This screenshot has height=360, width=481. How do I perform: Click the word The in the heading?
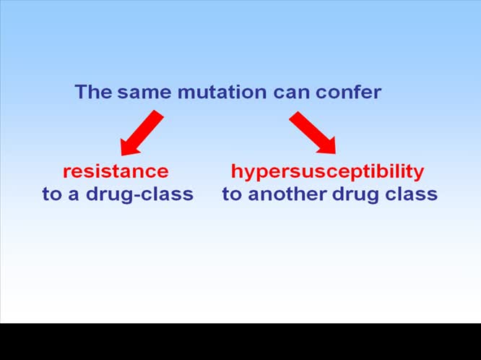(x=94, y=92)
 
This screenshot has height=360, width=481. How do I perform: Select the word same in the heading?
(x=144, y=93)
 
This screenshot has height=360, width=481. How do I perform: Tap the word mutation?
(x=222, y=92)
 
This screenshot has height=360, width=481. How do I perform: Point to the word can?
(x=291, y=93)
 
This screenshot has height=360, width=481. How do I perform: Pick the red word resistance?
(x=116, y=171)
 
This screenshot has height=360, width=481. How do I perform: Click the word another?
(x=287, y=194)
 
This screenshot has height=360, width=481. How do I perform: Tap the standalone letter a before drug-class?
(x=74, y=196)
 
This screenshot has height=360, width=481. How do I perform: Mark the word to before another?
(x=233, y=194)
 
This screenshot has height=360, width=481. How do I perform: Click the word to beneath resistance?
(x=53, y=194)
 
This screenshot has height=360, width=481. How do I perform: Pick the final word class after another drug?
(x=411, y=194)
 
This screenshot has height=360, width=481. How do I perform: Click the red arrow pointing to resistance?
(x=142, y=133)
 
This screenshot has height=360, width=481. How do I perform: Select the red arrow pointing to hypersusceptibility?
(x=313, y=132)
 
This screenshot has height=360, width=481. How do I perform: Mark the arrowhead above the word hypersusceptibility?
(x=327, y=145)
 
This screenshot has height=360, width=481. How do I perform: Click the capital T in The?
(x=82, y=92)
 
